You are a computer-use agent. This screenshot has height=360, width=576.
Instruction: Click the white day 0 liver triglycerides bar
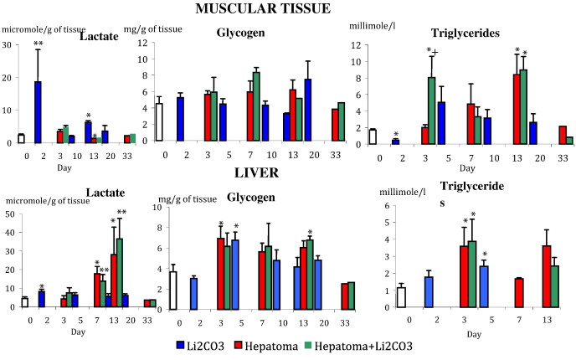(401, 297)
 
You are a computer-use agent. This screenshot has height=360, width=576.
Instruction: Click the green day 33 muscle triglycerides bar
(569, 140)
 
